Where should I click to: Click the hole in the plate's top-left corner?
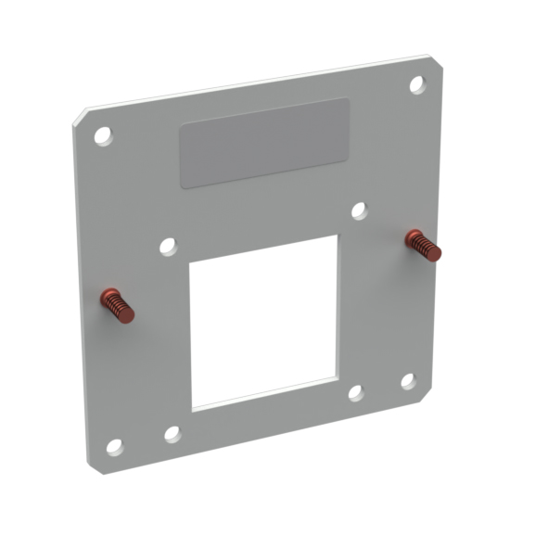[103, 136]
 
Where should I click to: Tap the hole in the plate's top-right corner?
[417, 84]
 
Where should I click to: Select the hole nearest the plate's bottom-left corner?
[114, 446]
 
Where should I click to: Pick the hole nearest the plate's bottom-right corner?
[408, 380]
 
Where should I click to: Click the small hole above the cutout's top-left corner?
[168, 247]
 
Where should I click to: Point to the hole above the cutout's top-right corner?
[360, 210]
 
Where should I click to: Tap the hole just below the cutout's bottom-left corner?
[172, 433]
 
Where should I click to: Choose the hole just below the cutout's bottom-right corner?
[355, 392]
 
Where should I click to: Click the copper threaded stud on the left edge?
[118, 305]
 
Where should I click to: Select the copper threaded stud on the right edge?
[423, 245]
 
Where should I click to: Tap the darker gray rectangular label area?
[265, 143]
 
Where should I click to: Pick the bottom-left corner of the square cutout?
[193, 409]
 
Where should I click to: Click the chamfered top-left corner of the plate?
[78, 117]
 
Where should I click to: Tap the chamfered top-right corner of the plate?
[437, 62]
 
